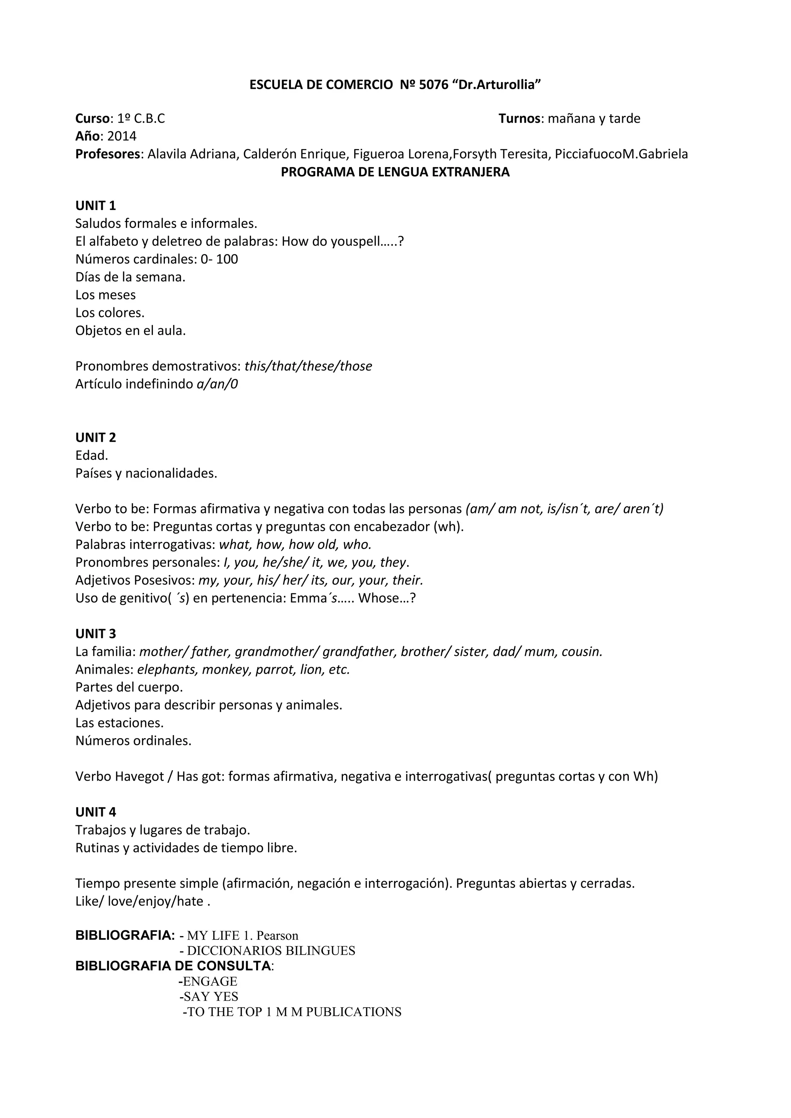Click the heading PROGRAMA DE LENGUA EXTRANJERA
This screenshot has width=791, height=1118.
[395, 172]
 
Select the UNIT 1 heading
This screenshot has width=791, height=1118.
[95, 205]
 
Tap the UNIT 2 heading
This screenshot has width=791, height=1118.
[95, 437]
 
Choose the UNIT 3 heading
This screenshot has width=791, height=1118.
[95, 634]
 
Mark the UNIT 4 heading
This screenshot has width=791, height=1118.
[95, 812]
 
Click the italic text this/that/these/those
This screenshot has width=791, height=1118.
[308, 366]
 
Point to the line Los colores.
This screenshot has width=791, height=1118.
[110, 313]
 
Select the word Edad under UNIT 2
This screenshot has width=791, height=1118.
[92, 455]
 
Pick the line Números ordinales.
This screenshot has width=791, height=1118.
[133, 740]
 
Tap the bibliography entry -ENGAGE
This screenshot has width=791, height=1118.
[208, 981]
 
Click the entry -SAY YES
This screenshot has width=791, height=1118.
[209, 996]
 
